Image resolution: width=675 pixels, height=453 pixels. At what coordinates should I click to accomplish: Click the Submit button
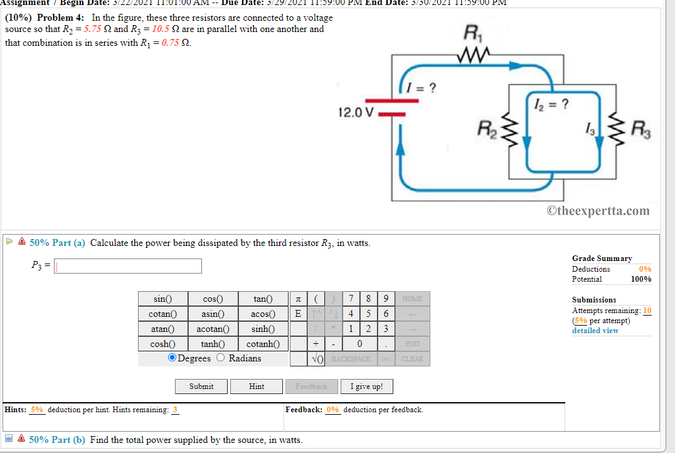tap(201, 386)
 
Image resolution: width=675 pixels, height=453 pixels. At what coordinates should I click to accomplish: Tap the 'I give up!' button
tap(366, 386)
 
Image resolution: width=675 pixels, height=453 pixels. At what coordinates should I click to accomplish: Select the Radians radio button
tap(221, 358)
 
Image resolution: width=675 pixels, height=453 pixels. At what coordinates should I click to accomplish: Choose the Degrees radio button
tap(173, 358)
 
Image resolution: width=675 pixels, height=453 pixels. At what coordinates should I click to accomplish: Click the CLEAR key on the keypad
tap(412, 359)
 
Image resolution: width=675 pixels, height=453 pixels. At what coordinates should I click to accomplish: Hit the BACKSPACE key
tap(351, 359)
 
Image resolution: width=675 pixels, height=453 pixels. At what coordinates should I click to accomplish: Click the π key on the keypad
tap(297, 299)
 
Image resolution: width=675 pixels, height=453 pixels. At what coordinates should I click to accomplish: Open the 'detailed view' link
tap(595, 331)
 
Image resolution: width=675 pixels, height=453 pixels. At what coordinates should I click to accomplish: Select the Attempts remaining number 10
tap(647, 311)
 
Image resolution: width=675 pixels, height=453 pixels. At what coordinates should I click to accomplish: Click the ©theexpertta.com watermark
tap(598, 211)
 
